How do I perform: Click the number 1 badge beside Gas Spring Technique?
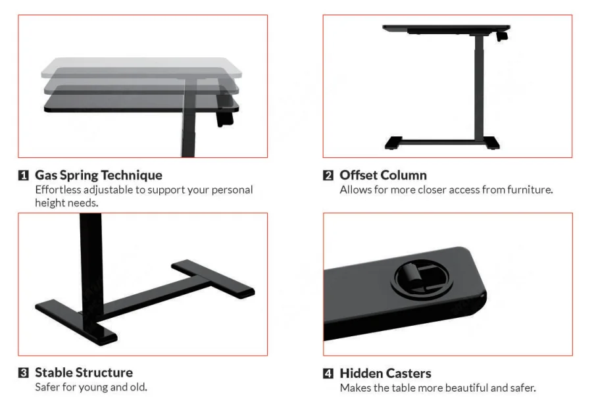point(24,176)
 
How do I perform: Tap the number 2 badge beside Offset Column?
point(328,176)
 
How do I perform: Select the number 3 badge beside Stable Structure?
point(24,373)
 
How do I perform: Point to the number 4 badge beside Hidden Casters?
point(328,373)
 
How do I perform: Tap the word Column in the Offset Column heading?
point(403,176)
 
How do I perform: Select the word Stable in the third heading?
point(53,373)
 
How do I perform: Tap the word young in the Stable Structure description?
point(93,387)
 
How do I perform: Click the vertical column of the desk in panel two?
point(480,86)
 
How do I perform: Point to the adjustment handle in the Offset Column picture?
point(502,36)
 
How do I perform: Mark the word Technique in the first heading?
point(132,176)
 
